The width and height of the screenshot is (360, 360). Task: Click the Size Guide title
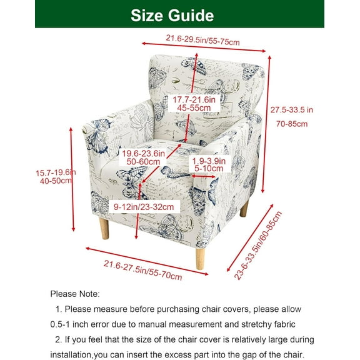(172, 16)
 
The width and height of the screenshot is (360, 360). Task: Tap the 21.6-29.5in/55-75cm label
(202, 40)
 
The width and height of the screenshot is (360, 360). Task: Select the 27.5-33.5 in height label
(292, 110)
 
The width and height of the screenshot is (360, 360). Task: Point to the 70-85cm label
(292, 124)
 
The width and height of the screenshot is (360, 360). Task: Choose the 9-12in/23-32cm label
(144, 207)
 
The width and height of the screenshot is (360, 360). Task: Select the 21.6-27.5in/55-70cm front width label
(142, 270)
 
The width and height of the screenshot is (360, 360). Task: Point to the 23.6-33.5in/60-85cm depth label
(258, 246)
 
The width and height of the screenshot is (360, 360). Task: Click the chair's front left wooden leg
(104, 229)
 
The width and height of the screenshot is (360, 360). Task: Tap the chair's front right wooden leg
(200, 259)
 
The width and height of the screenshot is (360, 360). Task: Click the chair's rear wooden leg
(244, 209)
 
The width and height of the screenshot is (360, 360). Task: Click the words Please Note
(75, 294)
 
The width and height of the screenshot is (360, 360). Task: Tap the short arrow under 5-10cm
(203, 176)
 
